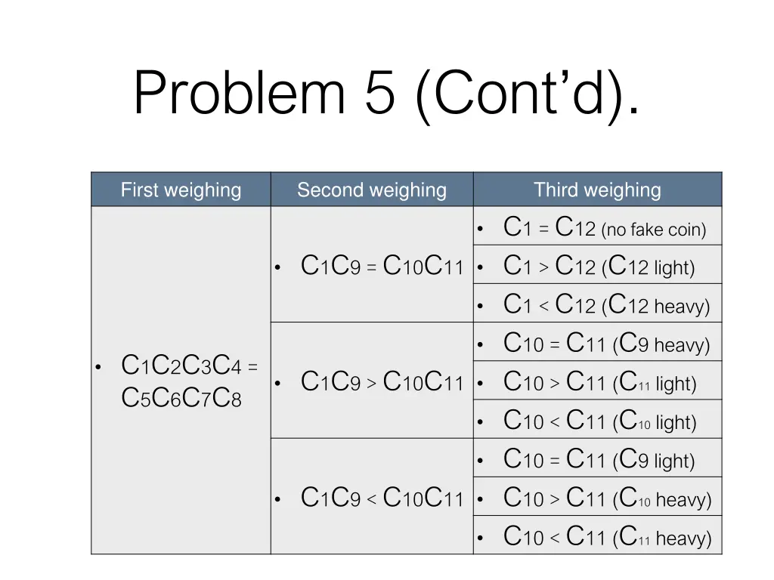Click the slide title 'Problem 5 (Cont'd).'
[x=385, y=93]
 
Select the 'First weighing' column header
[x=181, y=190]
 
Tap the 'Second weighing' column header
[x=372, y=190]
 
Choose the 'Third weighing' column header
[x=597, y=190]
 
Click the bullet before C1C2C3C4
[x=98, y=368]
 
